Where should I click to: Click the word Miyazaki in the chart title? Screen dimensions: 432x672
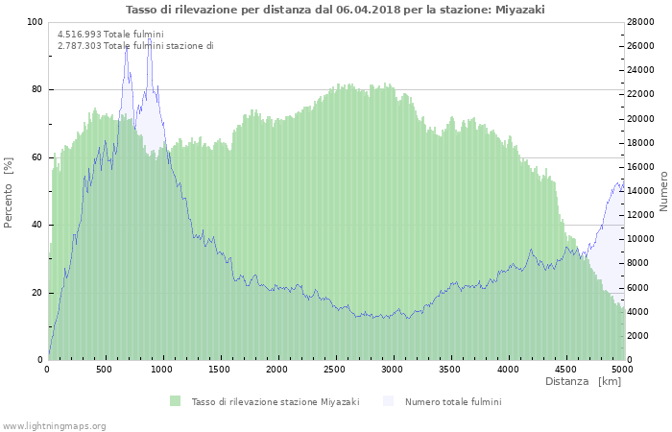point(520,9)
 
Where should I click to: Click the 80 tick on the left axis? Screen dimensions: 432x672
point(37,90)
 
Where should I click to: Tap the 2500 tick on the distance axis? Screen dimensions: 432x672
point(334,370)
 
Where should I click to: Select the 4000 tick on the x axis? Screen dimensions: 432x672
point(507,370)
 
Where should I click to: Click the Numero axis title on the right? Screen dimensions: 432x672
point(663,190)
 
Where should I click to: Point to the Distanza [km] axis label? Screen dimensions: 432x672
point(583,382)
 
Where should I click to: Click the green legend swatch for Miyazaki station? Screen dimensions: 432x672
point(175,401)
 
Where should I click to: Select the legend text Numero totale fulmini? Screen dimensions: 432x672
point(453,401)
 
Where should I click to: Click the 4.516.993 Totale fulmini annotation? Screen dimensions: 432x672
point(110,34)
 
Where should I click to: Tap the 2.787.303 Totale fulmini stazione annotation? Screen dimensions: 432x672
point(135,45)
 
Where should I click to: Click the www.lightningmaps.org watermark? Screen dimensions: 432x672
point(54,425)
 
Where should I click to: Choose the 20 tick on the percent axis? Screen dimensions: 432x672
point(37,293)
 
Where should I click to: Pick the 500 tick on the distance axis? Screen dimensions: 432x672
point(105,370)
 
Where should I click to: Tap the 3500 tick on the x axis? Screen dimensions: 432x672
point(449,370)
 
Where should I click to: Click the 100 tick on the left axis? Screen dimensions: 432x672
point(35,22)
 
